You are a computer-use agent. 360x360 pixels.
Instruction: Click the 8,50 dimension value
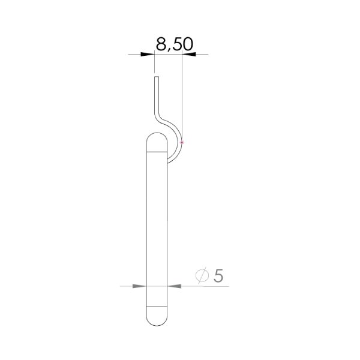pyautogui.click(x=174, y=44)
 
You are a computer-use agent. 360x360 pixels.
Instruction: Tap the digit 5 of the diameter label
pyautogui.click(x=218, y=275)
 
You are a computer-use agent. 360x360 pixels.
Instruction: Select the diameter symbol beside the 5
pyautogui.click(x=202, y=275)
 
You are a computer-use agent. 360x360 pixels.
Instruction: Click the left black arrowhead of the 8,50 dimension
pyautogui.click(x=148, y=55)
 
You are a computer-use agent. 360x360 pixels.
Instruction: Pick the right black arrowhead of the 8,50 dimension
pyautogui.click(x=189, y=55)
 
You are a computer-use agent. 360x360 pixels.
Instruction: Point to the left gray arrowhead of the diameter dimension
pyautogui.click(x=139, y=286)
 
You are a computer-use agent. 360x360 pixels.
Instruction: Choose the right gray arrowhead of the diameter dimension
pyautogui.click(x=175, y=286)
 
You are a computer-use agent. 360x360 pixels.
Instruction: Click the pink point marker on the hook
pyautogui.click(x=182, y=143)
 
